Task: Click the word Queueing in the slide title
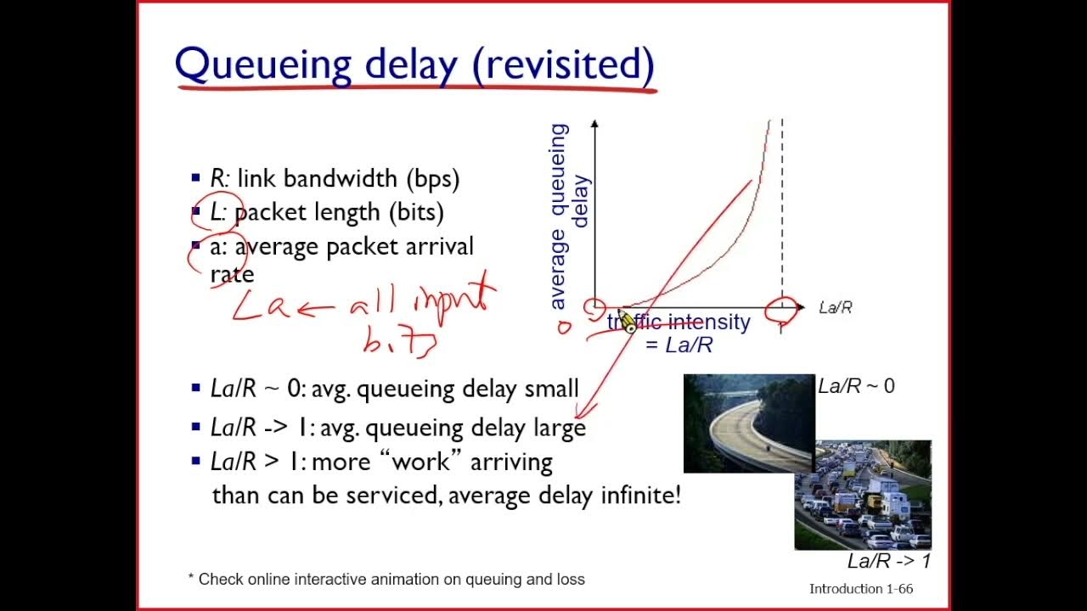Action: [262, 65]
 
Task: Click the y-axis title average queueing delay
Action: [568, 216]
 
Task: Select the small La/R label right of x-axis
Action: [835, 307]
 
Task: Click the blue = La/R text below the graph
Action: [679, 345]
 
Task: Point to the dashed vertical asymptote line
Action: [781, 212]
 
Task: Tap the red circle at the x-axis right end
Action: [781, 310]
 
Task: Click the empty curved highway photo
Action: [747, 423]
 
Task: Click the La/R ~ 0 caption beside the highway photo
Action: [856, 386]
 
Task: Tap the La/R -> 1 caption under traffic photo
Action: [888, 561]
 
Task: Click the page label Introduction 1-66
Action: [860, 588]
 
